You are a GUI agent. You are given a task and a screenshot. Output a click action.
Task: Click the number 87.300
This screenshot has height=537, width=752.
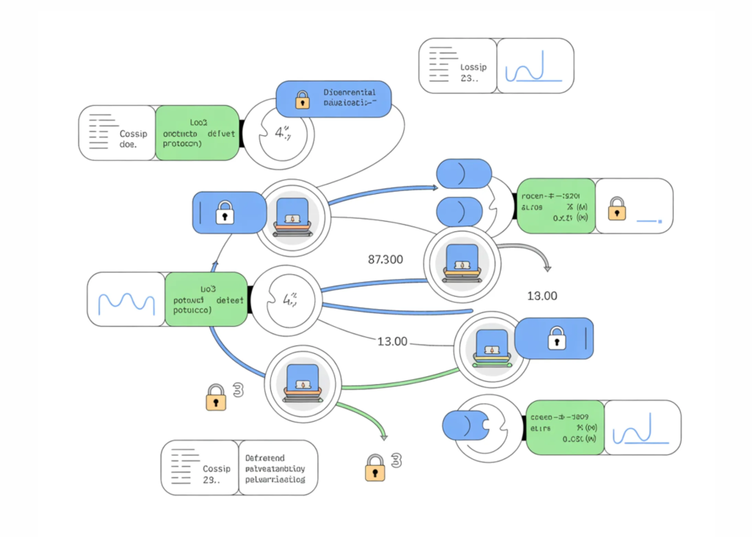384,259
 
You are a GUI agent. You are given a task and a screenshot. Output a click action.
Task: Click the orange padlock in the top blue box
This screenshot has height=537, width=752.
302,101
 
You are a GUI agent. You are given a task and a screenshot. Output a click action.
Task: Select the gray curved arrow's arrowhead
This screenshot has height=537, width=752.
546,270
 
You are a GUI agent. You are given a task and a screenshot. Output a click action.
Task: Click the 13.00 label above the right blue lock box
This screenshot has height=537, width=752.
542,296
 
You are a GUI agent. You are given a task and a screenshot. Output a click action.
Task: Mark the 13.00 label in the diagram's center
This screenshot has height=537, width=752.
392,342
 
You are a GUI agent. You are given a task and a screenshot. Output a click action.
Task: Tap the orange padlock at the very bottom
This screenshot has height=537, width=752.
375,467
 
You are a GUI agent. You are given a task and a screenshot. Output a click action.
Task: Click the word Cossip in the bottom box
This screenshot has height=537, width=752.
217,468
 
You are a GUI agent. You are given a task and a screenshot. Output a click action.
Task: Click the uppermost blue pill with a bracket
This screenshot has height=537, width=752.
463,173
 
